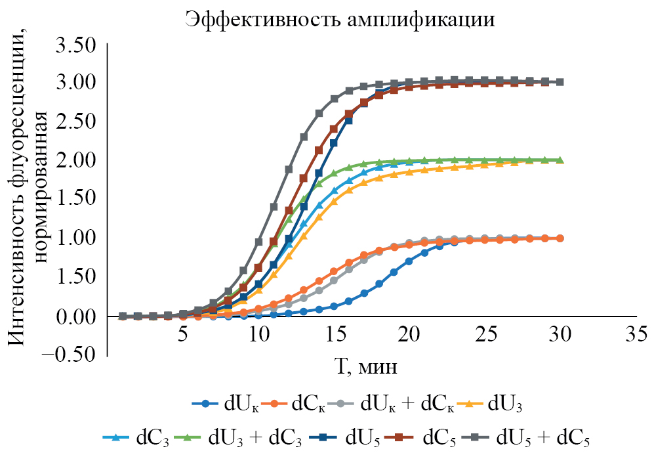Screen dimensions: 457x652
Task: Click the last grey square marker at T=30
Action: click(560, 82)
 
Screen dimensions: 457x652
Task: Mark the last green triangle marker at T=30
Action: click(560, 160)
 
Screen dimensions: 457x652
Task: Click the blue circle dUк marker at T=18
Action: click(379, 284)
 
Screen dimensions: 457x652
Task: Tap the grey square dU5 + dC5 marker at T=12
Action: click(289, 169)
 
